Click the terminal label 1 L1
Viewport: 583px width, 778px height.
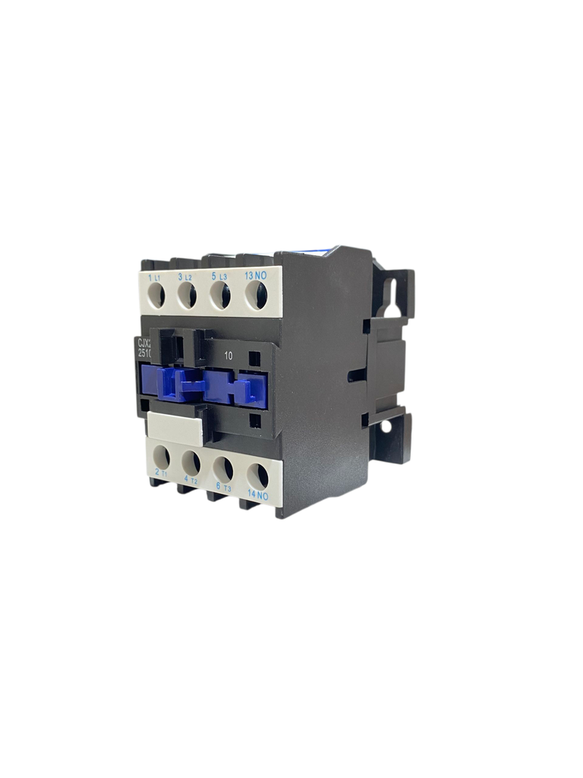pos(154,278)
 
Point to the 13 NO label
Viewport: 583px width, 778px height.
pos(255,277)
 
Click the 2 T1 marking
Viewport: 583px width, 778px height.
pos(161,473)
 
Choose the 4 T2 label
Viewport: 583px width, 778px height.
pos(190,480)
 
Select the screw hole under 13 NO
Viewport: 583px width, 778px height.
pos(258,296)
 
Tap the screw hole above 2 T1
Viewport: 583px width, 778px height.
pos(161,455)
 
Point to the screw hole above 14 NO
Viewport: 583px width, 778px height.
pos(258,475)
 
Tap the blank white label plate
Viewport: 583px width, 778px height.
pos(175,428)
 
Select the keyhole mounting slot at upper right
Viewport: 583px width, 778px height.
pos(392,296)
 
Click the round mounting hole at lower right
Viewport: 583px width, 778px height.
pos(386,426)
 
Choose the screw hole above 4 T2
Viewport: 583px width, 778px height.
pos(191,461)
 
